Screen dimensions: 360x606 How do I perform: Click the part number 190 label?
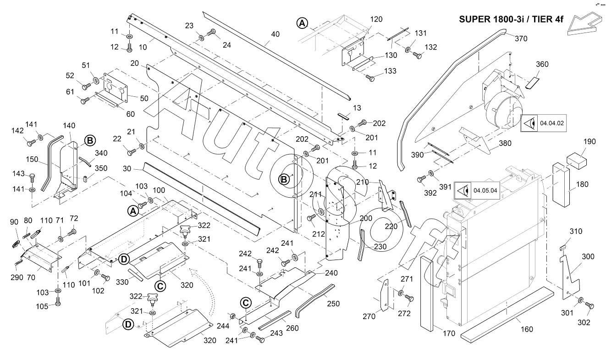(589, 142)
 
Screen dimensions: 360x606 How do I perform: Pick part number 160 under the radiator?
(527, 329)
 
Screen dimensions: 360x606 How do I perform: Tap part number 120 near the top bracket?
(376, 19)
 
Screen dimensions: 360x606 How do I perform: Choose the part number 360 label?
(542, 64)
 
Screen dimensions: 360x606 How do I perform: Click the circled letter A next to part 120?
(302, 22)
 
